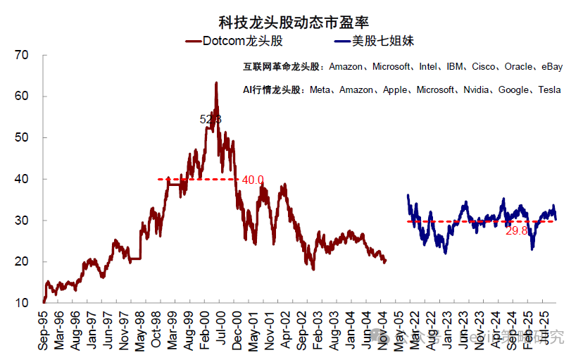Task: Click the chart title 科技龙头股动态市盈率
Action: tap(291, 23)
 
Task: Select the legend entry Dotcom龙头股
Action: tap(232, 42)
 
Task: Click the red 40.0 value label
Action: tap(253, 180)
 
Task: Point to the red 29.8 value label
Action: tap(516, 230)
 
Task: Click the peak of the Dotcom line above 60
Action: tap(215, 83)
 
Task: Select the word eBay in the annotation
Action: tap(551, 67)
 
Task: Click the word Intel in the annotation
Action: tap(428, 67)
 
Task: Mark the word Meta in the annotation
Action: tap(320, 90)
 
